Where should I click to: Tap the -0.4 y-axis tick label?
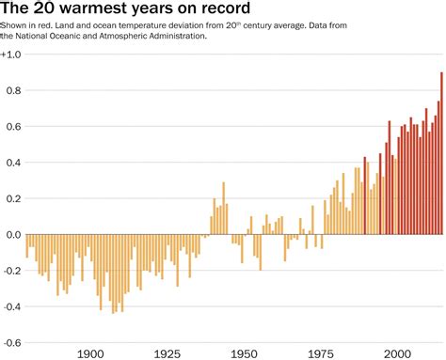coord(12,305)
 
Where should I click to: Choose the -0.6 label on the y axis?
coord(12,341)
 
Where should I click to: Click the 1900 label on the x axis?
coord(90,353)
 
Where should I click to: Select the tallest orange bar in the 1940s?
coord(223,208)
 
